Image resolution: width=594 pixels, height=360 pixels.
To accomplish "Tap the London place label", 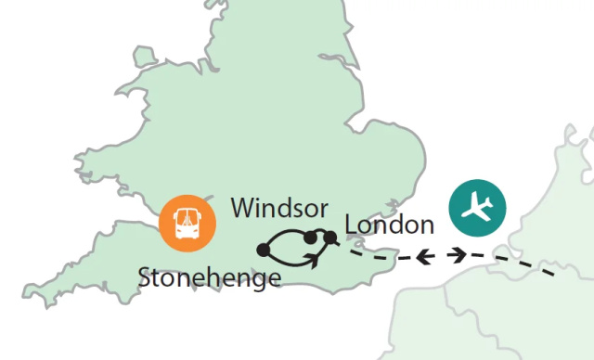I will (389, 225).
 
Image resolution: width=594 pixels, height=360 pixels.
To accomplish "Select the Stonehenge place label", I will (209, 277).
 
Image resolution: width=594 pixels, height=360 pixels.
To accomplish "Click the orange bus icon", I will (186, 223).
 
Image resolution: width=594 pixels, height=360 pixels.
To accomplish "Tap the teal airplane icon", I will (477, 208).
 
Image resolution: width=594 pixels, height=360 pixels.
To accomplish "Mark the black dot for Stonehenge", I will (263, 250).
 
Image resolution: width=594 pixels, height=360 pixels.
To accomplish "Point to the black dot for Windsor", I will (310, 238).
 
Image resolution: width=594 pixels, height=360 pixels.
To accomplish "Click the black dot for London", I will (329, 239).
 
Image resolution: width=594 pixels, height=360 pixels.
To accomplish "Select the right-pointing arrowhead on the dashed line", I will (458, 254).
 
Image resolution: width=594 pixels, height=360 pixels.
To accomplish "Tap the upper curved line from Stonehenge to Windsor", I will (284, 232).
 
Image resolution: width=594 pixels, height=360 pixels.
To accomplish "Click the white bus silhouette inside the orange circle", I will (186, 224).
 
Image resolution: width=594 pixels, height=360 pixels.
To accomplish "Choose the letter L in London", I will (350, 225).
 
